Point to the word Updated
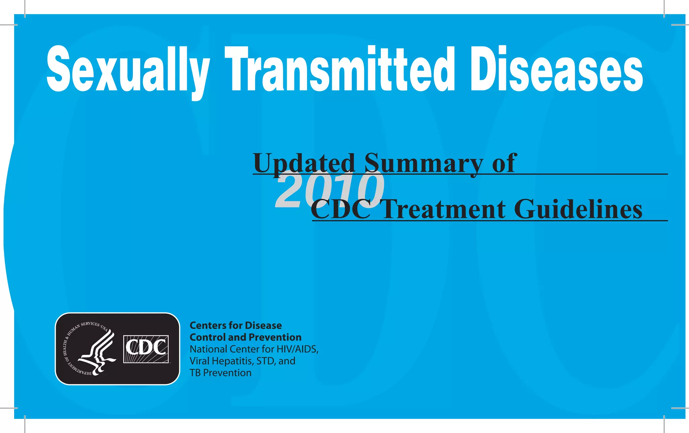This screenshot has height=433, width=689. click(x=304, y=163)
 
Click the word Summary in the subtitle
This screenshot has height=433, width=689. click(x=424, y=163)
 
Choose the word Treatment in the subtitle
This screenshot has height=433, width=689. click(x=444, y=209)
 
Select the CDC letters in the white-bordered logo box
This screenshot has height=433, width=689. click(x=146, y=348)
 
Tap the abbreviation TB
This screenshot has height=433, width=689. click(x=195, y=373)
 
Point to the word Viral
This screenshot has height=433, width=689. click(x=199, y=361)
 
